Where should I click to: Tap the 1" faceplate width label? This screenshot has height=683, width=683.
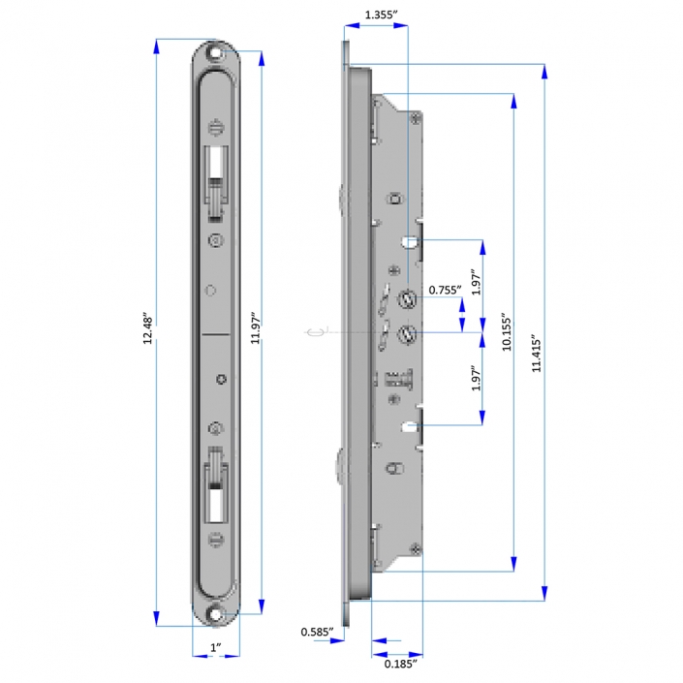tap(217, 646)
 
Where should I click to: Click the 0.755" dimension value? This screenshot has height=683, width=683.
tap(444, 289)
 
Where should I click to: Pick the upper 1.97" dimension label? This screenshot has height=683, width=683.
tap(475, 284)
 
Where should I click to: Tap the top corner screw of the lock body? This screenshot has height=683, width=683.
tap(416, 118)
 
